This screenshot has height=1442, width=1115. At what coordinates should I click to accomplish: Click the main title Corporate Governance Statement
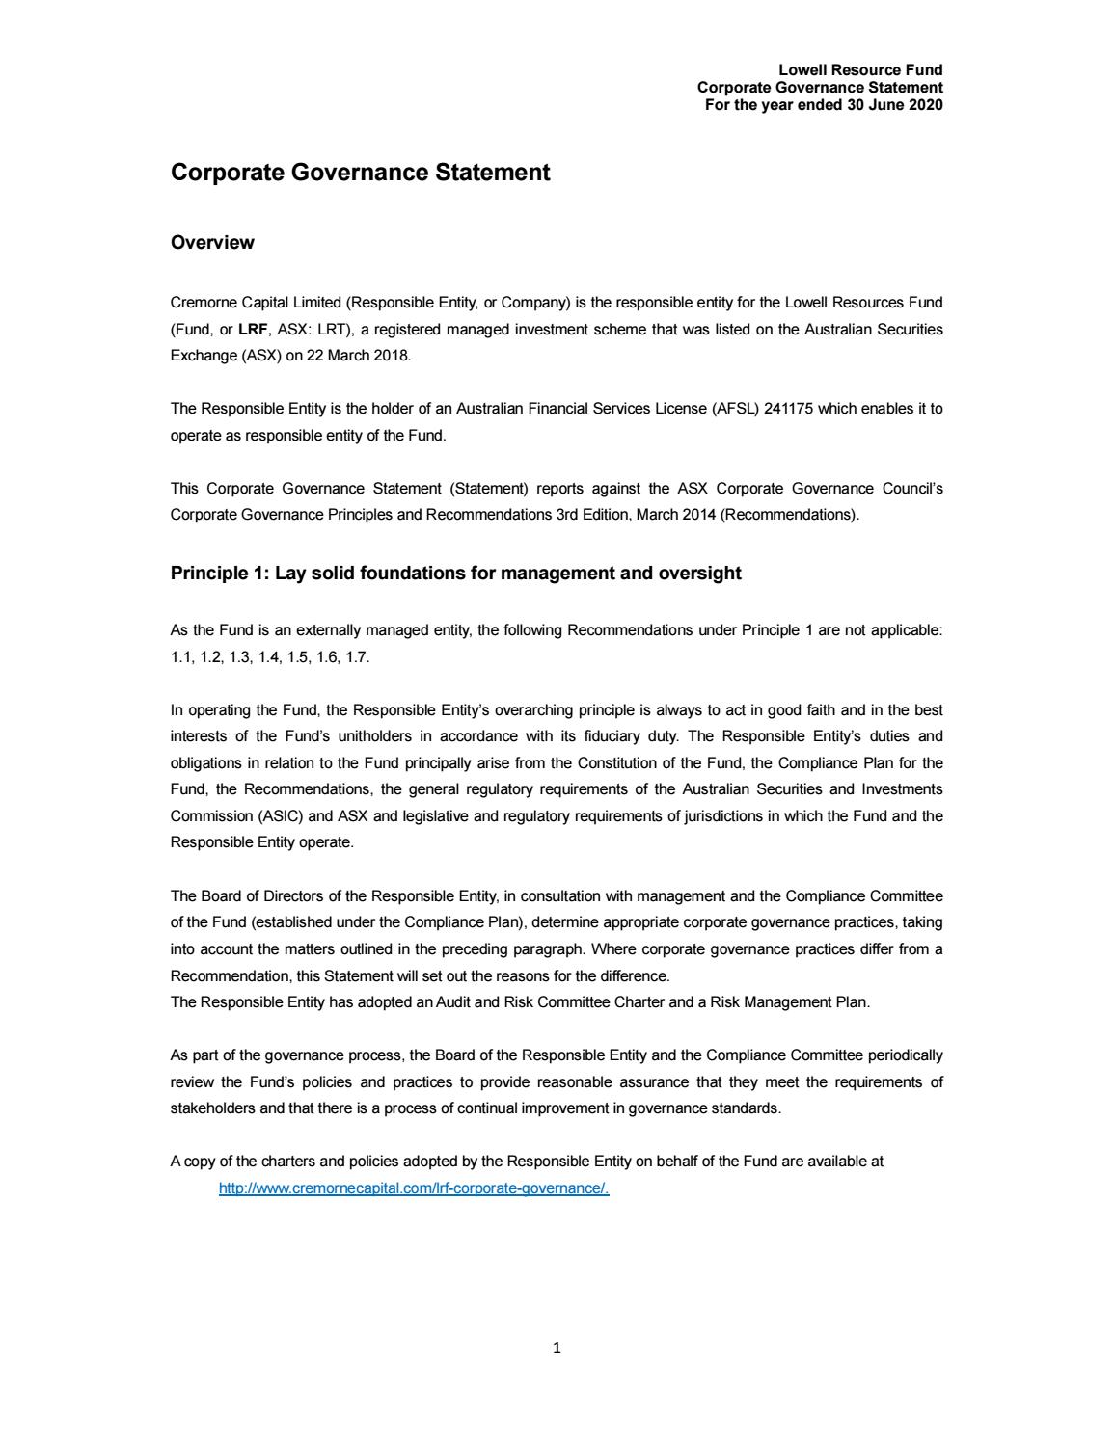tap(360, 173)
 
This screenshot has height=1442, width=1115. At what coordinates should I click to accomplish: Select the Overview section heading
tap(212, 243)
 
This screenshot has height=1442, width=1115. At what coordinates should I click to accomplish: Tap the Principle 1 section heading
tap(455, 574)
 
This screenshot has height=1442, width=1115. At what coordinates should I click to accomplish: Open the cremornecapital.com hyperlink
tap(414, 1188)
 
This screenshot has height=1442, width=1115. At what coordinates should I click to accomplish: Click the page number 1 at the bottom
tap(557, 1348)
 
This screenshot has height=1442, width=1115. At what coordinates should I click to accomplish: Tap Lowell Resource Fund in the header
tap(860, 69)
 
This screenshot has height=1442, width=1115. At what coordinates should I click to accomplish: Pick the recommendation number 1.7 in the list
tap(356, 657)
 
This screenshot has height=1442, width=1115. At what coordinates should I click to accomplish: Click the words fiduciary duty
tap(632, 736)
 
